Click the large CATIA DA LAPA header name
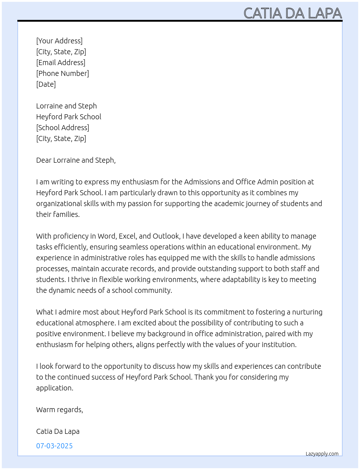(x=292, y=13)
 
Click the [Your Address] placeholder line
(x=59, y=41)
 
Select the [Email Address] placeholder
(x=61, y=63)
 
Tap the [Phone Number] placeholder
(x=63, y=73)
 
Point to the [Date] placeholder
(x=46, y=84)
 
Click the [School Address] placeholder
(x=63, y=128)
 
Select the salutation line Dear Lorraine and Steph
(x=76, y=160)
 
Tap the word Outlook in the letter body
(x=166, y=236)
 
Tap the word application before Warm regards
(x=54, y=388)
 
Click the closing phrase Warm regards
(x=59, y=410)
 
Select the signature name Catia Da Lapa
(x=58, y=431)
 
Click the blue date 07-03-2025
(x=55, y=446)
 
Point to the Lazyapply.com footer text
(x=322, y=454)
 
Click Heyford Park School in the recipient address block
(x=69, y=117)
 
